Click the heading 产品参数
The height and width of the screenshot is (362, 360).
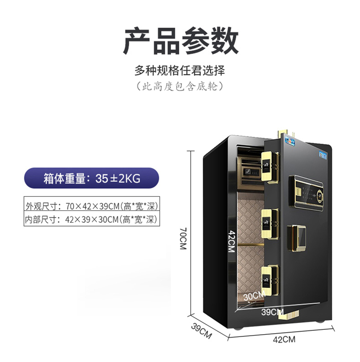[181, 41]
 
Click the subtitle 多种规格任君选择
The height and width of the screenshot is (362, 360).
[180, 71]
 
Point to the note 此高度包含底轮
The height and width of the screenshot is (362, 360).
[180, 86]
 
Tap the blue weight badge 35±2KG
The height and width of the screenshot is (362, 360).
[92, 178]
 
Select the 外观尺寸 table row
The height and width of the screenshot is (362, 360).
[92, 206]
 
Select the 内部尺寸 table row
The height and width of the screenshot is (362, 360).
[92, 219]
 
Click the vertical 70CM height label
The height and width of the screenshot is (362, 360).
[183, 239]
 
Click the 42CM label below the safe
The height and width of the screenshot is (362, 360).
[284, 339]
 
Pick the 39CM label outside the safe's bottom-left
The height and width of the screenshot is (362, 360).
[201, 331]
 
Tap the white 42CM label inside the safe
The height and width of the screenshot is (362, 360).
[232, 241]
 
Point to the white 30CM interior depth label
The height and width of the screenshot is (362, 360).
[254, 296]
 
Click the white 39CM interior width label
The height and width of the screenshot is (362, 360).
[272, 312]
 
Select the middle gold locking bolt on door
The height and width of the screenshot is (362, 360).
[270, 224]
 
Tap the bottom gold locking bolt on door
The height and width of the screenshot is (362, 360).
[270, 280]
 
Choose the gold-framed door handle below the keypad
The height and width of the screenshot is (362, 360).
[297, 239]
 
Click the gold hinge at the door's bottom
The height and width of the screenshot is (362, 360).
[288, 315]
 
